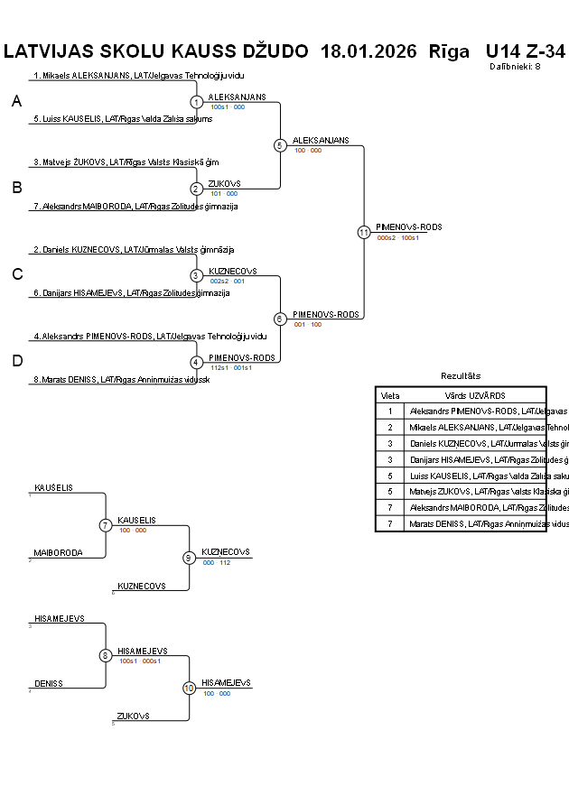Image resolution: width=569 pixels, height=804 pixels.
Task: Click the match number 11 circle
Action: [364, 232]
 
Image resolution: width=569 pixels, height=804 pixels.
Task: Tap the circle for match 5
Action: [280, 145]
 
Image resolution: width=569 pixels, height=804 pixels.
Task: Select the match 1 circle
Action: [197, 102]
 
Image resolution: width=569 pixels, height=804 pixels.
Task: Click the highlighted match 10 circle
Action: [189, 688]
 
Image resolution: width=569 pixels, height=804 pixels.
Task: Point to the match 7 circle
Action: [106, 525]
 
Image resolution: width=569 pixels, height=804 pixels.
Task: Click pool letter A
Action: [16, 102]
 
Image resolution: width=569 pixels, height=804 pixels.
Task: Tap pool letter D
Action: [16, 361]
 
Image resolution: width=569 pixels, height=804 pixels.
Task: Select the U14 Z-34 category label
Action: [525, 51]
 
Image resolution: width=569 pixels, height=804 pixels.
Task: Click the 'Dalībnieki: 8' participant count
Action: [515, 66]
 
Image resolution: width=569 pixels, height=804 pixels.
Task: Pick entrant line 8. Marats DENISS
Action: [121, 380]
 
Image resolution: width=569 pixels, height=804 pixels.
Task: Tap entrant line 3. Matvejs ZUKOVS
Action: [126, 162]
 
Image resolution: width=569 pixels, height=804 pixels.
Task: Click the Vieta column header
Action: [390, 395]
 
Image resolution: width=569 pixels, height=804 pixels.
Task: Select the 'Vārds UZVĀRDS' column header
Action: [474, 395]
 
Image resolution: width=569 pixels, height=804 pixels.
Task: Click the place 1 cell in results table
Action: [390, 411]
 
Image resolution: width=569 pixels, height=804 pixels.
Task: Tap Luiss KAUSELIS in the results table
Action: [489, 476]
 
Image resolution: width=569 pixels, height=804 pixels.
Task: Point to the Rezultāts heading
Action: [461, 375]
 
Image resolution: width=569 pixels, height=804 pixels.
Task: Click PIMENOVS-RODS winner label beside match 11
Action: [409, 227]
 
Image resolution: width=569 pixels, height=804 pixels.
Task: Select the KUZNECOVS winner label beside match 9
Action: [226, 551]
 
